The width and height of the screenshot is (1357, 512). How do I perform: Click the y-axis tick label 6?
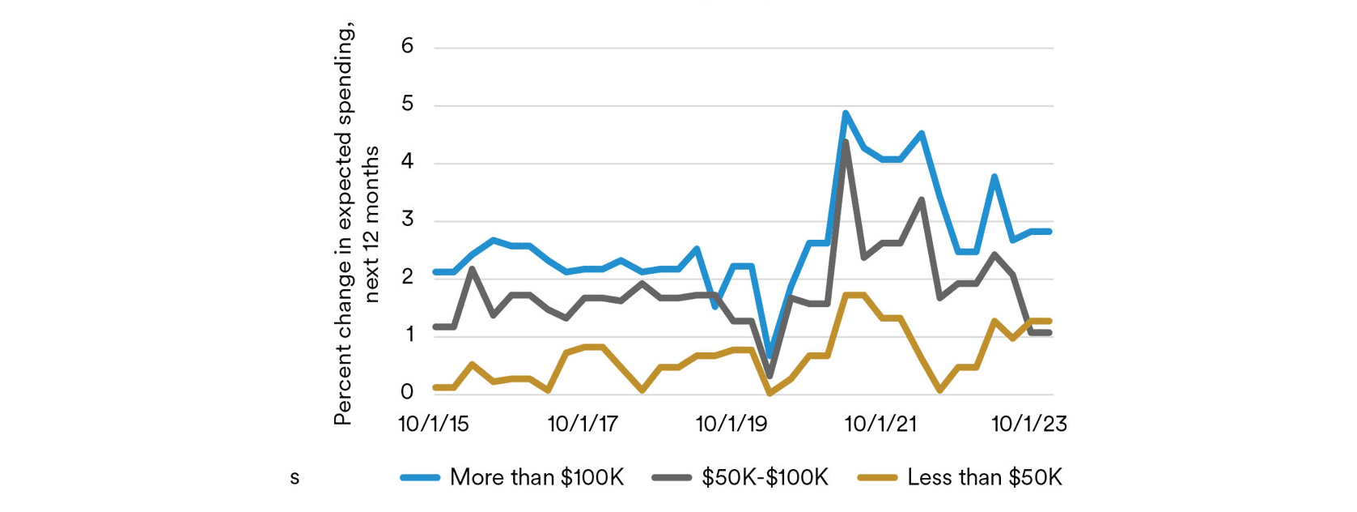[407, 46]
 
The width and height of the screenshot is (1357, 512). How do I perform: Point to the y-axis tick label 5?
[407, 105]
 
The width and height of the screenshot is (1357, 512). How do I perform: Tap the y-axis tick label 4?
[407, 162]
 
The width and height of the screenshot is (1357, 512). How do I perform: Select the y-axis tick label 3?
[407, 220]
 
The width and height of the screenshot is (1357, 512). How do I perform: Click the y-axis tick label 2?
[407, 277]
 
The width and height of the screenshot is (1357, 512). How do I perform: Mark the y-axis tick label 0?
[407, 392]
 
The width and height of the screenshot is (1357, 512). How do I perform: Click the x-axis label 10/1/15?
[434, 424]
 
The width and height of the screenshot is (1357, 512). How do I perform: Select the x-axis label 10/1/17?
[583, 424]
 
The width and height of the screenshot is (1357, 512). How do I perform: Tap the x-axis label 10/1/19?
[732, 424]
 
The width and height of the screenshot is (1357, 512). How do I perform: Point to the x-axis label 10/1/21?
[880, 424]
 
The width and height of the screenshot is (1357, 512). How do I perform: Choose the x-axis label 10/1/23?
[1029, 424]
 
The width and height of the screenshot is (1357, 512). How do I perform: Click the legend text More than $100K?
[536, 477]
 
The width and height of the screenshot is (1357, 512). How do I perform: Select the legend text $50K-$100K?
[765, 477]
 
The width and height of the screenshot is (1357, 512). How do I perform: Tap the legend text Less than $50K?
[984, 477]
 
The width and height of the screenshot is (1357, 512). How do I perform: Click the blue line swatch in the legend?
[420, 478]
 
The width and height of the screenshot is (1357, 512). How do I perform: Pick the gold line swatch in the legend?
[877, 478]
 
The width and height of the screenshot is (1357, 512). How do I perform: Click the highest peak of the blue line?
[846, 113]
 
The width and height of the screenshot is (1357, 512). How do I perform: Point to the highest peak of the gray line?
[846, 143]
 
